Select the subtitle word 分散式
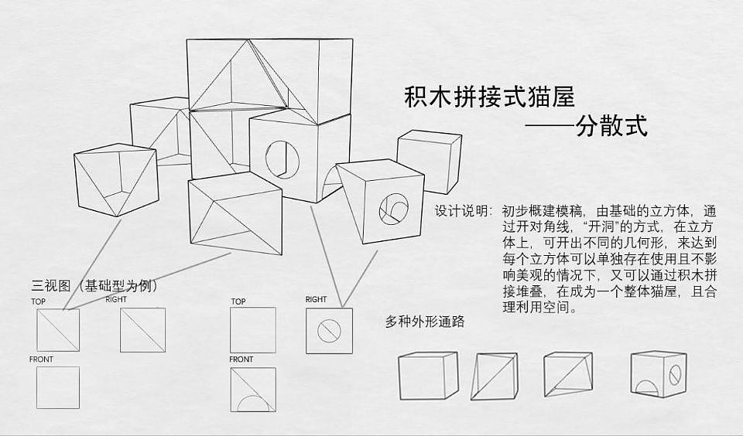tap(611, 125)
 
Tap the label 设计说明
tap(462, 211)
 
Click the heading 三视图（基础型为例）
tap(94, 286)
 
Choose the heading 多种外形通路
tap(425, 322)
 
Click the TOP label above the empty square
tap(238, 301)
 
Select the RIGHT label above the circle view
tap(316, 299)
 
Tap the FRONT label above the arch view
tap(241, 359)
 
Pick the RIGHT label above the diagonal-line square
tap(116, 299)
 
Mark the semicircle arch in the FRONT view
tap(252, 404)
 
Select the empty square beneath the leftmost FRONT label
tap(58, 387)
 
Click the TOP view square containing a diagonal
tap(58, 329)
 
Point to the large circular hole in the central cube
tap(281, 158)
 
